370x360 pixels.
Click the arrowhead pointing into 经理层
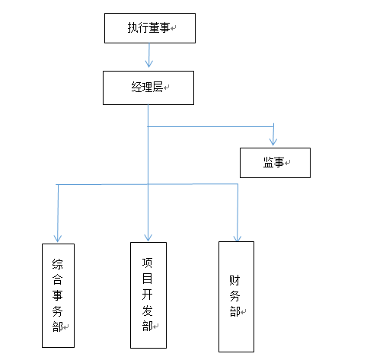coord(149,64)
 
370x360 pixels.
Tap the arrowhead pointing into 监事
coord(273,142)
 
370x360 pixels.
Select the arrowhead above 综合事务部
coord(58,238)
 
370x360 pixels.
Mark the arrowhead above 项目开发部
coord(148,237)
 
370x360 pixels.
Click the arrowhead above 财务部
coord(238,238)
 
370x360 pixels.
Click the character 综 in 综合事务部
coord(58,264)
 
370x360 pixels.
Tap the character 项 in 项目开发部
coord(147,263)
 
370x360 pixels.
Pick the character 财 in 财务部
coord(234,280)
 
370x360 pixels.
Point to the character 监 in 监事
coord(269,162)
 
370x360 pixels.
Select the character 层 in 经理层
coord(158,87)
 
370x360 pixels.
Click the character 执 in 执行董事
coord(132,27)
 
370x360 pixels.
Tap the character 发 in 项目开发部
coord(147,311)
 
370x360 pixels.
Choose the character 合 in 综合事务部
coord(58,279)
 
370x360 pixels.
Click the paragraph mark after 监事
coord(287,163)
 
